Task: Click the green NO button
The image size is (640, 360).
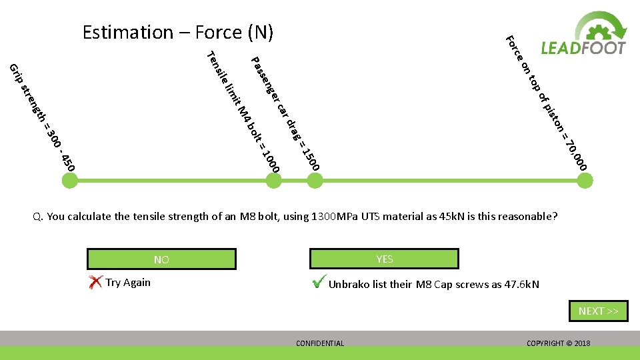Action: (x=161, y=259)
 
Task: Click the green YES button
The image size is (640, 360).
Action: (x=385, y=259)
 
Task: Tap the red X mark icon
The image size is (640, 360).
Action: (x=95, y=283)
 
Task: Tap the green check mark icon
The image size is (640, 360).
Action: (x=319, y=283)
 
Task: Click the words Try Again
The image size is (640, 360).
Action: (x=128, y=283)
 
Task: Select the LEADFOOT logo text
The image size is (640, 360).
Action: (x=583, y=48)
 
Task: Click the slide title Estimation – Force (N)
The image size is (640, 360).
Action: (x=178, y=32)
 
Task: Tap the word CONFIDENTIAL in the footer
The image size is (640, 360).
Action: (x=320, y=343)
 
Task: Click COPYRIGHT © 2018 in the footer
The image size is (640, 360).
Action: (x=558, y=343)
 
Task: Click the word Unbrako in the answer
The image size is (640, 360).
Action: (x=350, y=285)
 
